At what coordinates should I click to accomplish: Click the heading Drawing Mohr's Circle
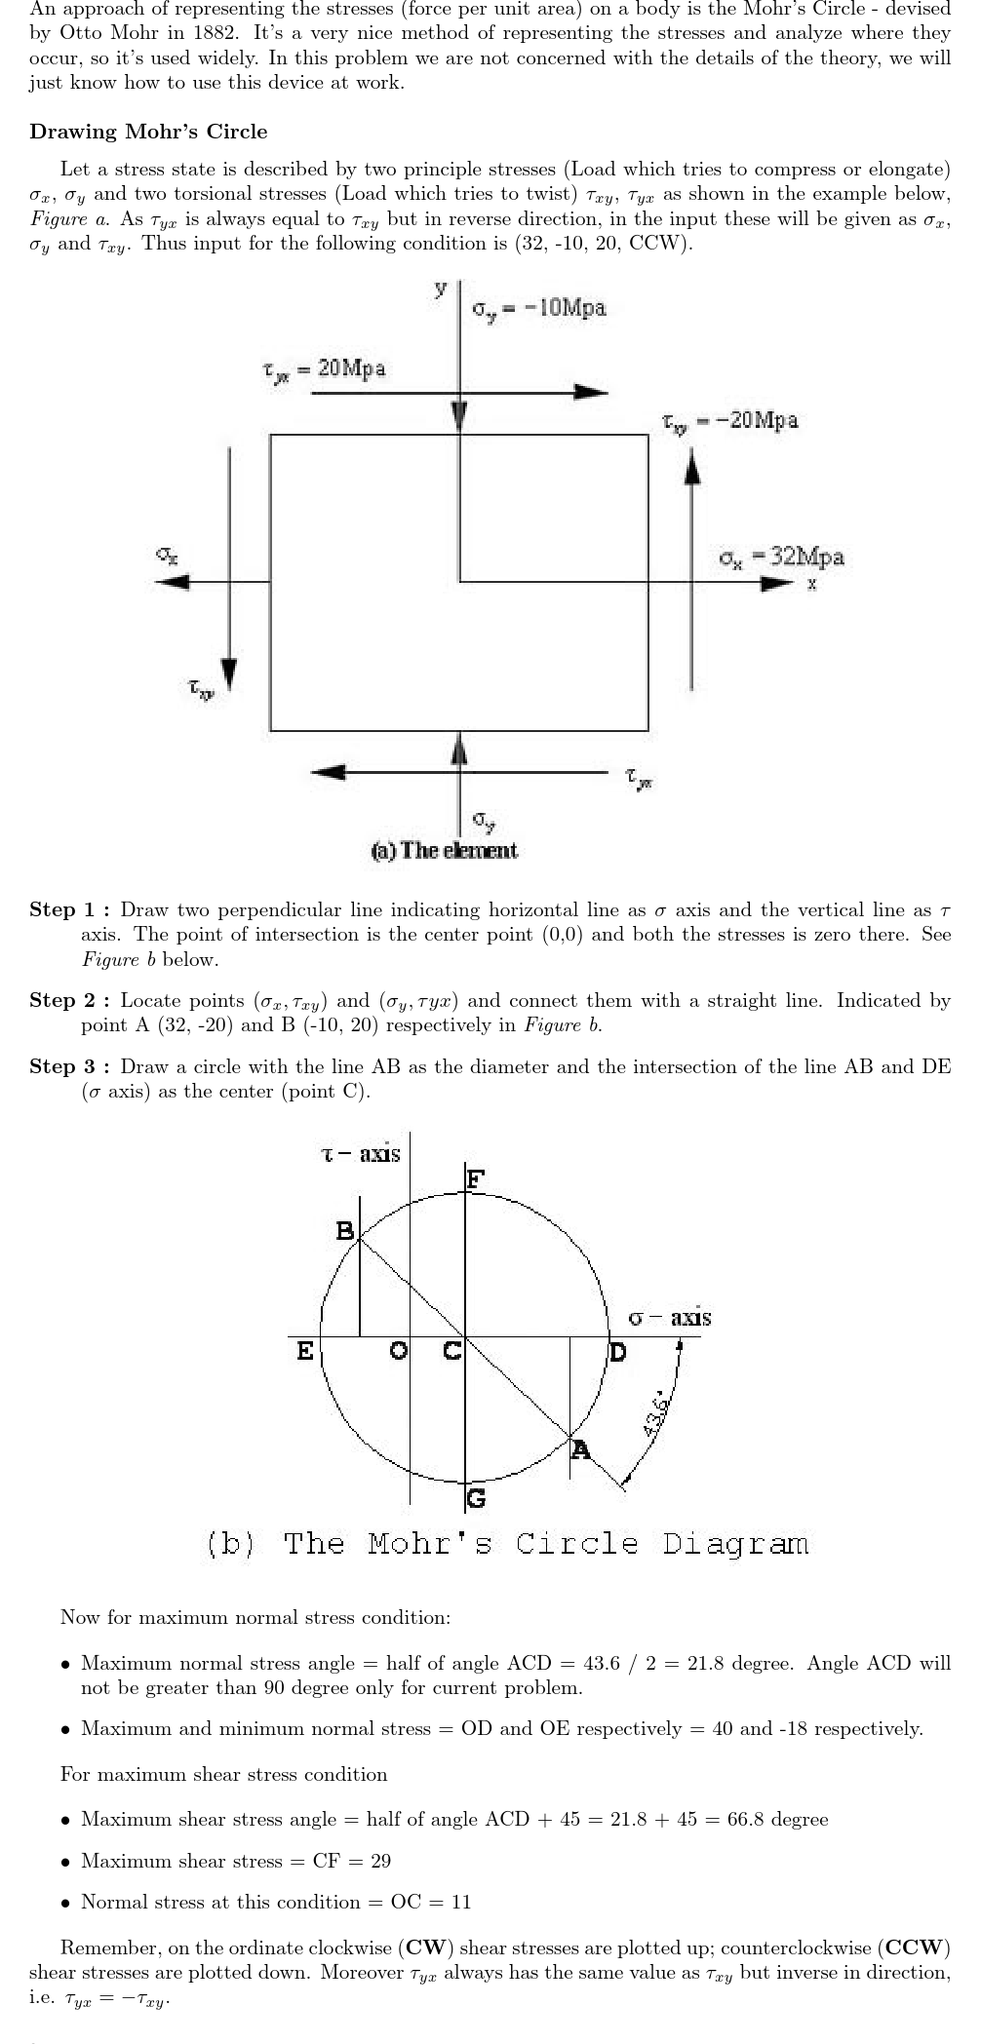click(x=148, y=132)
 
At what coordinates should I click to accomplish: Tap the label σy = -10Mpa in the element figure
click(x=539, y=308)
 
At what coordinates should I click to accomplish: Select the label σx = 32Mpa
click(x=781, y=558)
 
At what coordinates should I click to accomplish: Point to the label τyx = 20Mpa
click(x=324, y=368)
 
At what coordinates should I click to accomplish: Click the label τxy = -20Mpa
click(x=730, y=420)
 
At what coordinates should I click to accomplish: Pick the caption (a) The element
click(x=445, y=850)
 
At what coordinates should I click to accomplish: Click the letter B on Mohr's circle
click(x=345, y=1231)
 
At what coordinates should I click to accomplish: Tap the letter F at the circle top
click(x=475, y=1179)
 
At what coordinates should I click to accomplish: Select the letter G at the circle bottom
click(x=476, y=1498)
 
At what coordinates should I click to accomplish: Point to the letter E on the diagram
click(x=305, y=1352)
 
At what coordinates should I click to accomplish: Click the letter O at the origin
click(x=398, y=1352)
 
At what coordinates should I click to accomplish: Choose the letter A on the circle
click(x=580, y=1449)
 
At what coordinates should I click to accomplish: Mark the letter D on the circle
click(x=618, y=1353)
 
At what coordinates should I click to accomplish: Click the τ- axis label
click(x=361, y=1155)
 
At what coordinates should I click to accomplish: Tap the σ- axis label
click(x=670, y=1318)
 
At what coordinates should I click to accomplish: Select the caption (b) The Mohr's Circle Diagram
click(x=507, y=1544)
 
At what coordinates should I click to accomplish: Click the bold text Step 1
click(x=69, y=910)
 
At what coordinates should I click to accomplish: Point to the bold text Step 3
click(x=69, y=1066)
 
